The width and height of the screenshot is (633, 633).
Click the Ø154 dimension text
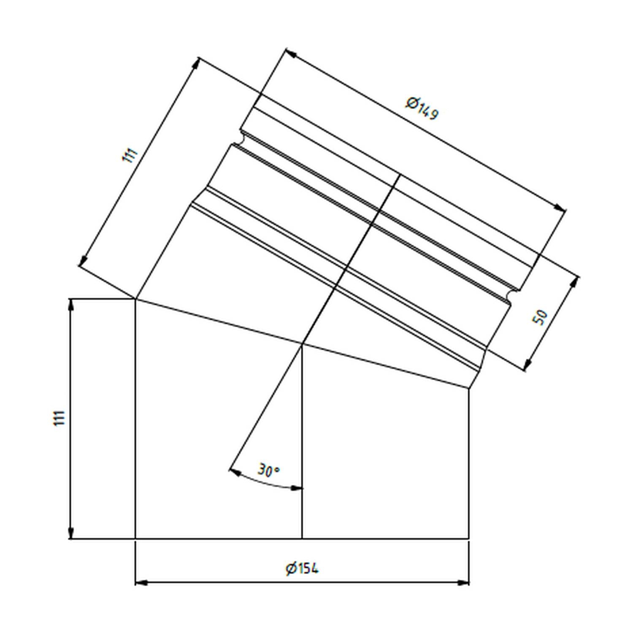point(302,568)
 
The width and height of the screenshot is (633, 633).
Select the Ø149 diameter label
point(422,108)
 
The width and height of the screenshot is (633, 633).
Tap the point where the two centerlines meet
point(303,344)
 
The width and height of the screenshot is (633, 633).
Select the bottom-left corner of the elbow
point(135,539)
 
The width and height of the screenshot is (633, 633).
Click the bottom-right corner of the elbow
point(469,539)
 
